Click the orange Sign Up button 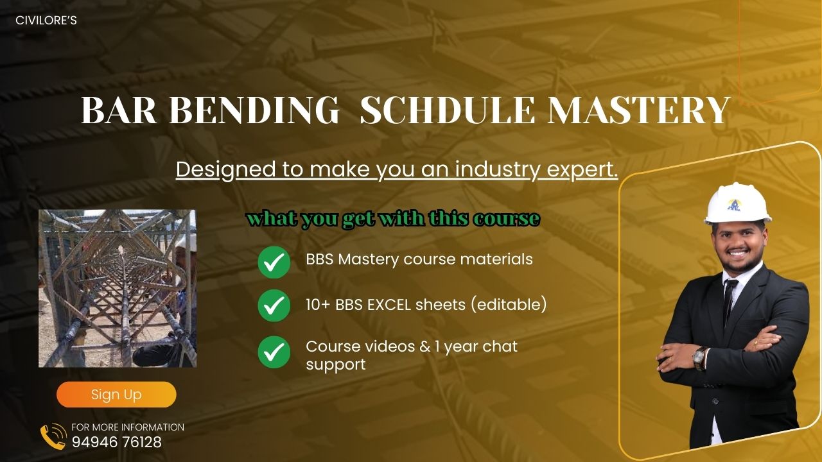click(x=116, y=395)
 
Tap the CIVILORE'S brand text click(x=46, y=21)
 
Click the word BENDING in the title click(x=254, y=111)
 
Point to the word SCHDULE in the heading click(x=447, y=111)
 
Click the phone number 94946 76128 click(x=116, y=442)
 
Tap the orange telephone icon click(x=53, y=436)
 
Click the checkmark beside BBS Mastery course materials click(x=274, y=262)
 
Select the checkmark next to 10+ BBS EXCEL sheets click(x=274, y=305)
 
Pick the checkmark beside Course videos click(x=274, y=352)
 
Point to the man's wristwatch click(x=699, y=357)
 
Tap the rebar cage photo click(x=118, y=288)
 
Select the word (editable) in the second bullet click(x=509, y=305)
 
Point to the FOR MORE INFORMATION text click(x=128, y=427)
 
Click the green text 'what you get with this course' click(x=393, y=219)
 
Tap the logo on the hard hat click(x=734, y=204)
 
